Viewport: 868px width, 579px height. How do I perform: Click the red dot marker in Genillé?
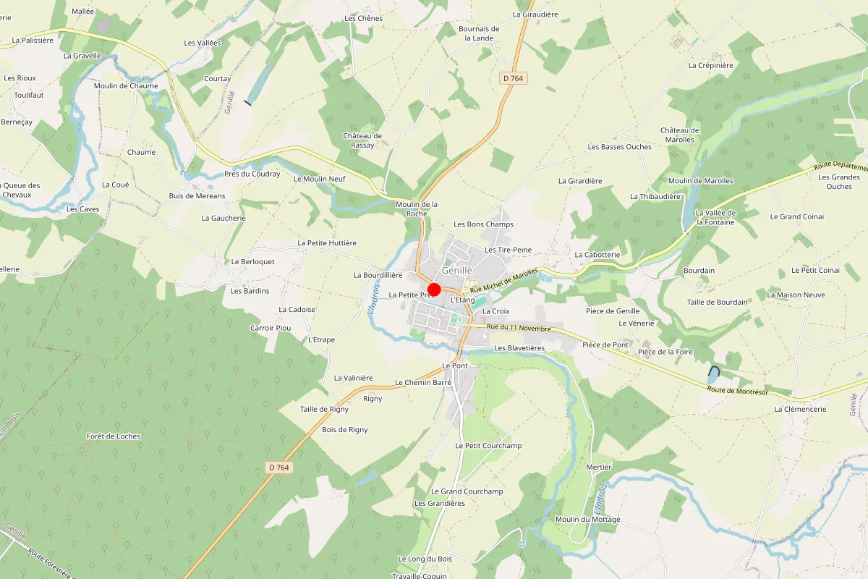[435, 289]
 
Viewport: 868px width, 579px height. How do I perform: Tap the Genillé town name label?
[456, 270]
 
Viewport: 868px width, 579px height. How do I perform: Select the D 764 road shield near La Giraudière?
[511, 78]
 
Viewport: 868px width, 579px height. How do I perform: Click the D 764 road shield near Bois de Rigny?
[278, 468]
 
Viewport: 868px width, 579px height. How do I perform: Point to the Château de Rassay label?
[362, 140]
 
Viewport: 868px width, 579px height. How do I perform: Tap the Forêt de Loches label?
[113, 436]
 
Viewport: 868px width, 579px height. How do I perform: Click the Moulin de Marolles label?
[700, 181]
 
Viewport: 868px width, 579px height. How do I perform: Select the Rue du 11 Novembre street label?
[519, 328]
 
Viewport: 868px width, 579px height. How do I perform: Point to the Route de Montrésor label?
[737, 391]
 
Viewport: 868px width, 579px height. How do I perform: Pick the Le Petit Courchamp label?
[488, 445]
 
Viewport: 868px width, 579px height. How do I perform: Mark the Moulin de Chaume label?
[126, 85]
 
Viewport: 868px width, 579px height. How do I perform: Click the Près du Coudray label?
[252, 174]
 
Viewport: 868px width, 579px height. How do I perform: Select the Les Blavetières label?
[519, 348]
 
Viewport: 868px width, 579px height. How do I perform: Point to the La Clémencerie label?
[799, 409]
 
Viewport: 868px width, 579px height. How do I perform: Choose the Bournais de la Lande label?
[479, 33]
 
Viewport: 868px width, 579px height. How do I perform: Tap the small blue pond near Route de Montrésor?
[713, 375]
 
